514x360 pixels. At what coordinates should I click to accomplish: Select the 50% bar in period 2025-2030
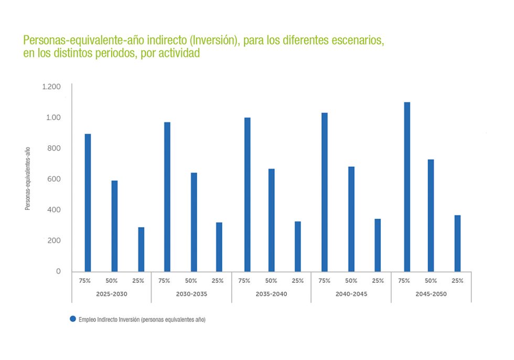point(114,226)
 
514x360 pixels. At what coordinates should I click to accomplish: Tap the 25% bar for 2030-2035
point(219,247)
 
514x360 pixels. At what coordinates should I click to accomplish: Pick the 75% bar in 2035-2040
point(247,194)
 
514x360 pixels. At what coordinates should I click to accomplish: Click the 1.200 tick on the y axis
point(51,87)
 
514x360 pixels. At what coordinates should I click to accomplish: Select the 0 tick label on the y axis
point(59,271)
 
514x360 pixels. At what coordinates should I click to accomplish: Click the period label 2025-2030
point(111,294)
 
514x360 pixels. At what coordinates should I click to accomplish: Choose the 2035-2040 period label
point(271,294)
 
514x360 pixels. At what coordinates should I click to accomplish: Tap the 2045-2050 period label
point(431,294)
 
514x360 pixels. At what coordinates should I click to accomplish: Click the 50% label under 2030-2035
point(191,281)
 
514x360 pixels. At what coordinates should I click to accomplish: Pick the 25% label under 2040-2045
point(378,281)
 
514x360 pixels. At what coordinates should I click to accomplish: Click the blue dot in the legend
point(73,319)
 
